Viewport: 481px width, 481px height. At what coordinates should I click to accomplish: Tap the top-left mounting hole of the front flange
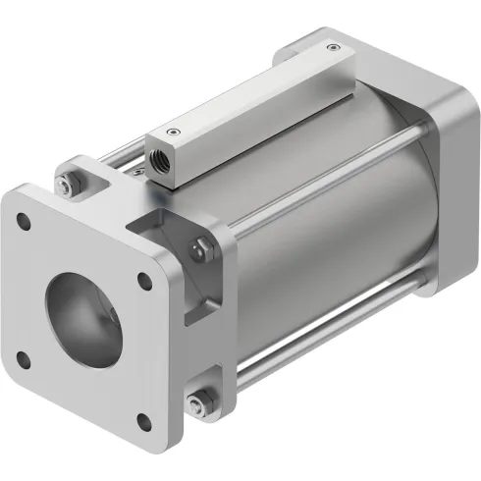[27, 225]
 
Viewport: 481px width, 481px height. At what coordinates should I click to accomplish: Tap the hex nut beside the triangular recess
[200, 246]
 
